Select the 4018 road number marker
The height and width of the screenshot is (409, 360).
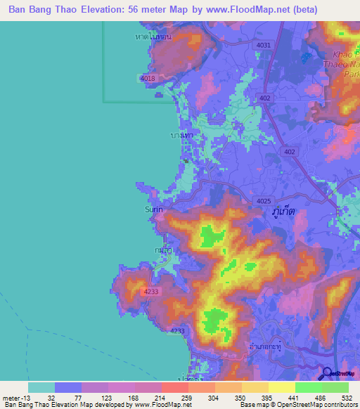[x=148, y=79]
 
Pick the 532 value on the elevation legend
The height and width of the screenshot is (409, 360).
[x=347, y=398]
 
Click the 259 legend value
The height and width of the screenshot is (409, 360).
[x=176, y=398]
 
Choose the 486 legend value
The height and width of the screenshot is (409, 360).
[x=319, y=398]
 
